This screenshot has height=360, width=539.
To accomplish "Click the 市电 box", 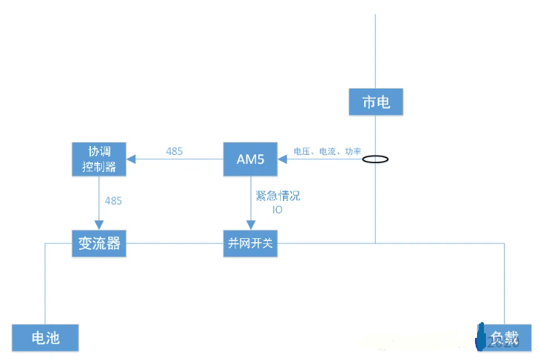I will pos(376,103).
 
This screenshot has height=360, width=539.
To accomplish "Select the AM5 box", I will pos(251,159).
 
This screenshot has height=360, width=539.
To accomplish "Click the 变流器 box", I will pos(99,243).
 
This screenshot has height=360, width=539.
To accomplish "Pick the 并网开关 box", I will pos(251,243).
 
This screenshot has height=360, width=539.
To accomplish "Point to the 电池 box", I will pos(45,337).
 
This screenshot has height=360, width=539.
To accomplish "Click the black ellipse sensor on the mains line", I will pos(376,160).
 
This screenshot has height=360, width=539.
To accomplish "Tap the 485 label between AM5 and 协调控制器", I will pos(175,151).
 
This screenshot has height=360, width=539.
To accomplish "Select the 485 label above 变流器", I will pos(114,201).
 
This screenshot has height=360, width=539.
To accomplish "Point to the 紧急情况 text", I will pos(278,196).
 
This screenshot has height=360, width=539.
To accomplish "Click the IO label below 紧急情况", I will pos(277,209).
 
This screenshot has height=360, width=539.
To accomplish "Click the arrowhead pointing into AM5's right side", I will pos(282,160).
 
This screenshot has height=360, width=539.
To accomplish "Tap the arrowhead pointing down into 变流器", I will pos(99,225).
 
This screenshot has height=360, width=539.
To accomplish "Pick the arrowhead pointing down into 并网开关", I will pos(251,225).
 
